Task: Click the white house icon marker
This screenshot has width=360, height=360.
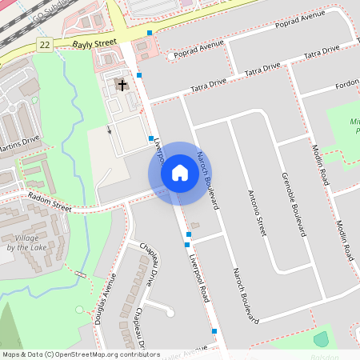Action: click(x=180, y=173)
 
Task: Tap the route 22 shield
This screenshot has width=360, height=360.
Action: click(x=44, y=46)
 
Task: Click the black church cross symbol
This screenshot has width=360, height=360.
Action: click(x=122, y=84)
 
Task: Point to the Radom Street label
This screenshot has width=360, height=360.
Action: click(x=50, y=201)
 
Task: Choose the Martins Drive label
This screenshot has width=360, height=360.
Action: click(x=19, y=143)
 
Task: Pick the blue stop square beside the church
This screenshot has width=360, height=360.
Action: click(x=139, y=75)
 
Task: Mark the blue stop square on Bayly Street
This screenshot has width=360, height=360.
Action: click(x=150, y=33)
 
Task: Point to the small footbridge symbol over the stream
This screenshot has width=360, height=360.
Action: click(x=80, y=274)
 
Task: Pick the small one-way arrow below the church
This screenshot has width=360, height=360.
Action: click(x=110, y=129)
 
